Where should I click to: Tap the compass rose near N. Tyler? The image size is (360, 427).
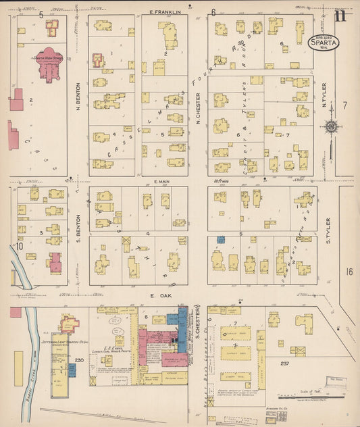331,126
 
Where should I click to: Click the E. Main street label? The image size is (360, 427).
161,182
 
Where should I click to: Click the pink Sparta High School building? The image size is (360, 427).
48,61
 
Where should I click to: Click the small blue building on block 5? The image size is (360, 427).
220,239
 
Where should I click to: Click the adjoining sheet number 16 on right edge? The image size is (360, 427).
349,271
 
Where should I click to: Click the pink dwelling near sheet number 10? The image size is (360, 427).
55,263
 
